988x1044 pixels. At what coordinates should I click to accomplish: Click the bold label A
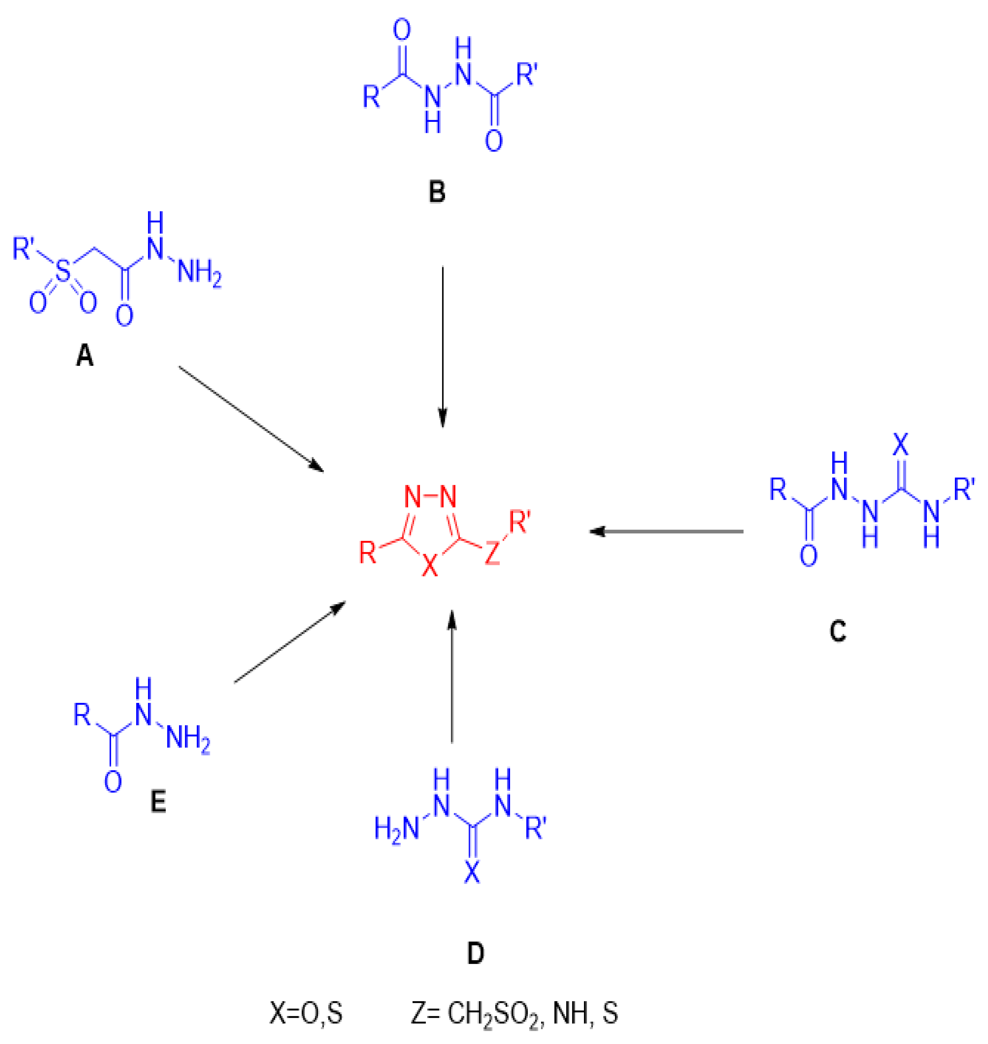coord(85,357)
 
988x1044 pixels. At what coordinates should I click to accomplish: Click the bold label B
coord(437,193)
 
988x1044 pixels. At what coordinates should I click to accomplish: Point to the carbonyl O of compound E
coord(113,782)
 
